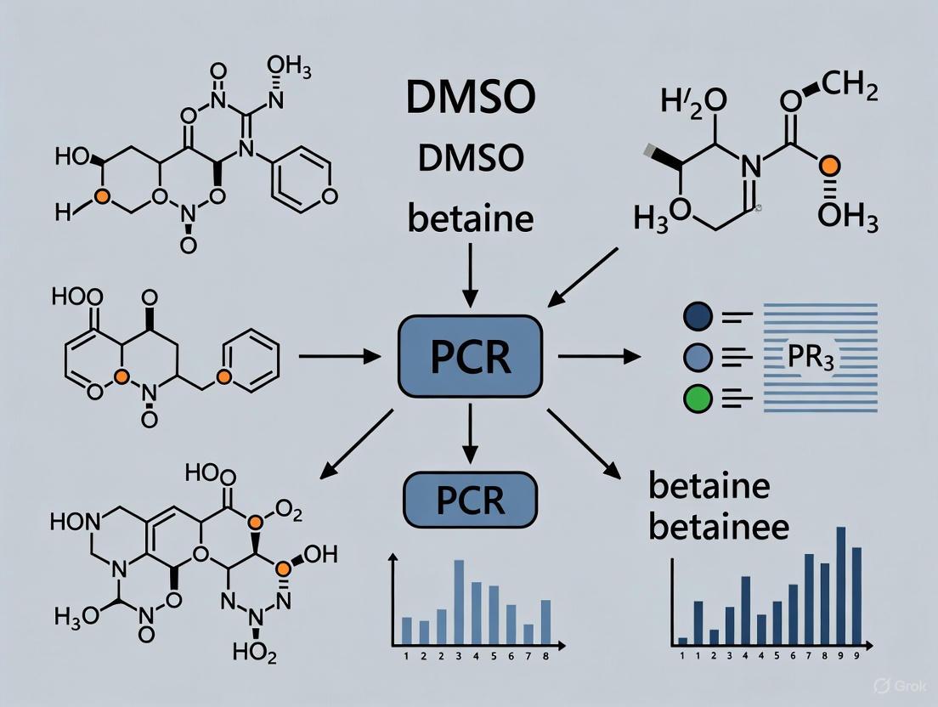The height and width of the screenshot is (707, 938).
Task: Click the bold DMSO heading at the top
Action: tap(470, 99)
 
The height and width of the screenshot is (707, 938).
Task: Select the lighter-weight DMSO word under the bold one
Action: tap(470, 158)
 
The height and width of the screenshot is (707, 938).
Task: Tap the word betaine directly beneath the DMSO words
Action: tap(470, 219)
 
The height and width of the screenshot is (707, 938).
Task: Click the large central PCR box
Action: tap(470, 357)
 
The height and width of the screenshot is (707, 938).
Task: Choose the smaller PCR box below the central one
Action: tap(470, 500)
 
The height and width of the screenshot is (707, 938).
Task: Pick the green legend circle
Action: tap(696, 398)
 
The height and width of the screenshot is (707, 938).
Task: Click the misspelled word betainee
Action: tap(719, 527)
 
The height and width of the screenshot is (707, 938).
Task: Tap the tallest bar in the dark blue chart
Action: tap(841, 584)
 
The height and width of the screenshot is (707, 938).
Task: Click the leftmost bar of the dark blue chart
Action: tap(682, 640)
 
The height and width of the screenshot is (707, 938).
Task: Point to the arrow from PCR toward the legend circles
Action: tap(599, 357)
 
